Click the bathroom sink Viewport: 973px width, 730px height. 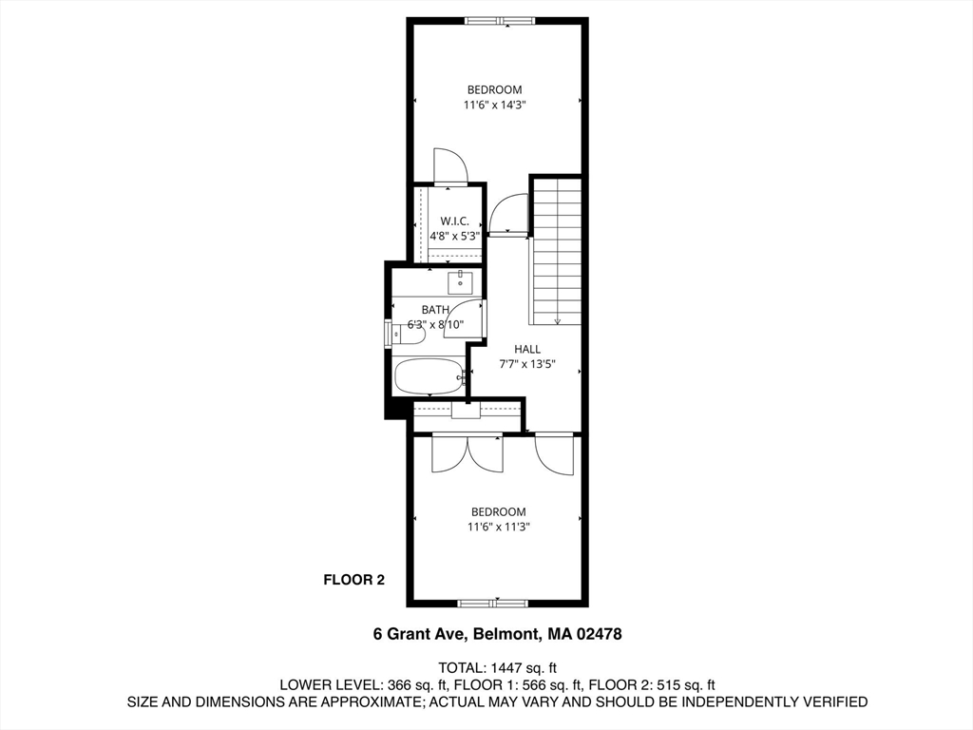coord(461,282)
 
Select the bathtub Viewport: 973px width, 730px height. coord(429,376)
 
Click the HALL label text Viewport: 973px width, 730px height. coord(527,349)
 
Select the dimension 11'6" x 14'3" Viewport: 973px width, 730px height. coord(494,106)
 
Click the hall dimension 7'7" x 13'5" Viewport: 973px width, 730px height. coord(527,364)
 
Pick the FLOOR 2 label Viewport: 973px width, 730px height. coord(353,579)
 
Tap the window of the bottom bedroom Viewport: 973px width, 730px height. coord(492,602)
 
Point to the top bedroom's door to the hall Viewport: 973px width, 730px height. coord(508,214)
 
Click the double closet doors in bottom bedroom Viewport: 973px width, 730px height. coord(466,453)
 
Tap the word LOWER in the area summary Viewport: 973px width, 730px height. coord(304,684)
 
